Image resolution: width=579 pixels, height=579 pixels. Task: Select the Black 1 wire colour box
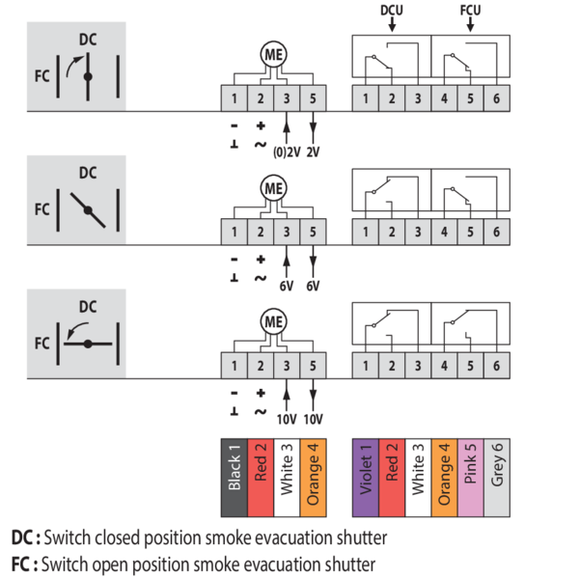[x=234, y=468]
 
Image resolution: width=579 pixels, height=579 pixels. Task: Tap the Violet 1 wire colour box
[x=366, y=468]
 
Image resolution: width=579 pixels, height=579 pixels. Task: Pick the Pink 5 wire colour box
[x=469, y=468]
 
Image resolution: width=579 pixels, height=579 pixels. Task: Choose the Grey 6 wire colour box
[x=496, y=468]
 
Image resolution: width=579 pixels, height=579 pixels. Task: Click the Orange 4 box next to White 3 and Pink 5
[x=444, y=468]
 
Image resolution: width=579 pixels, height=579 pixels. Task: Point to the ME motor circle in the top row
[x=273, y=56]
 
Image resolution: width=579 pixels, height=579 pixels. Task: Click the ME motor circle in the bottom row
[x=273, y=322]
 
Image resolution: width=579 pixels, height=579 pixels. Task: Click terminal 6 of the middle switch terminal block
[x=496, y=232]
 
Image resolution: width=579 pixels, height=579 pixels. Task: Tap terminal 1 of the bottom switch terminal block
[x=366, y=365]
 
